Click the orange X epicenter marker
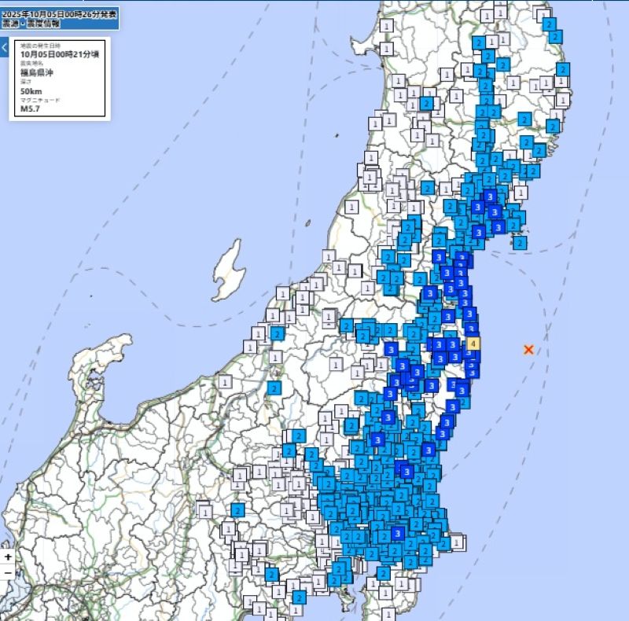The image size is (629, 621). click(x=528, y=349)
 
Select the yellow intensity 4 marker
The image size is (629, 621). click(x=473, y=344)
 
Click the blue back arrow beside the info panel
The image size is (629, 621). click(x=4, y=48)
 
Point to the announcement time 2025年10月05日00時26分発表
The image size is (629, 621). click(x=60, y=14)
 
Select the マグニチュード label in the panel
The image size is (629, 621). click(x=40, y=100)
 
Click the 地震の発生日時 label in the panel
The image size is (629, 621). click(x=40, y=46)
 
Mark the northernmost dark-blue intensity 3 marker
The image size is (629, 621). click(x=490, y=197)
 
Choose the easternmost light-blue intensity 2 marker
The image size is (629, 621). click(x=563, y=69)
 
